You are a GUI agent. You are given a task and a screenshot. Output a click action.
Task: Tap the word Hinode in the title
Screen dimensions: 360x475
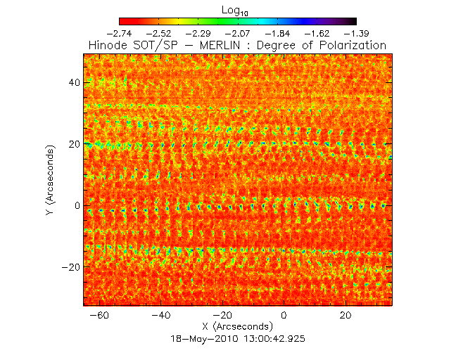pos(108,45)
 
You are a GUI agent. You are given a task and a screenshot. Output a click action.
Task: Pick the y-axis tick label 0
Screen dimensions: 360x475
pos(75,206)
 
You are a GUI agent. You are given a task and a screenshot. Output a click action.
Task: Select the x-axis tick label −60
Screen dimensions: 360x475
pos(100,316)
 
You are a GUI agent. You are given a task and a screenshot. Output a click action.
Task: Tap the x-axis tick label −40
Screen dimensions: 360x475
pos(161,316)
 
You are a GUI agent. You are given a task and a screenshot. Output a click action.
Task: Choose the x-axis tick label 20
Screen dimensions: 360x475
pos(346,316)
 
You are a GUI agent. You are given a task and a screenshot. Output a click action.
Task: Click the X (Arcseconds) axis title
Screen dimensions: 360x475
pos(237,327)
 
